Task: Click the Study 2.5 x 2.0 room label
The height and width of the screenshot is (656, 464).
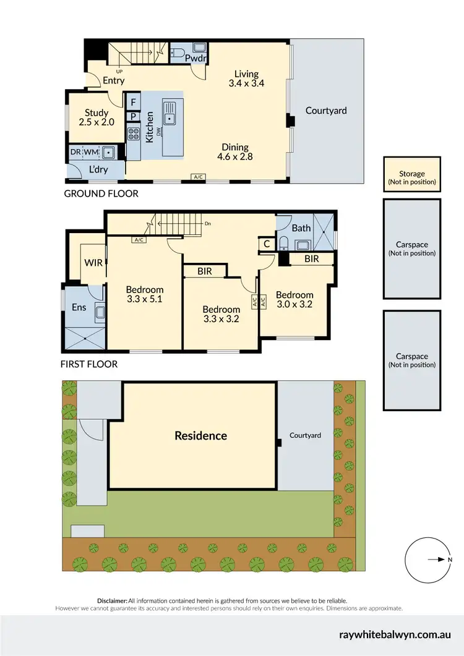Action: pyautogui.click(x=97, y=118)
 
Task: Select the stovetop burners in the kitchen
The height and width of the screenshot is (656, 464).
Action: pyautogui.click(x=133, y=134)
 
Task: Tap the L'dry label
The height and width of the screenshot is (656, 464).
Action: pyautogui.click(x=96, y=169)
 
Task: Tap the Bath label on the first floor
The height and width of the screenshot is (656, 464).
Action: pyautogui.click(x=301, y=228)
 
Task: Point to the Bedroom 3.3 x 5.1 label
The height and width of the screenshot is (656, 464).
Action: pyautogui.click(x=145, y=294)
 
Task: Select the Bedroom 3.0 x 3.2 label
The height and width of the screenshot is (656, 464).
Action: pyautogui.click(x=294, y=300)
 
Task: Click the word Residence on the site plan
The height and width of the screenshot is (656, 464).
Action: pyautogui.click(x=200, y=435)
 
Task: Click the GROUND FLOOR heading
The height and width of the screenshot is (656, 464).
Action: pyautogui.click(x=101, y=194)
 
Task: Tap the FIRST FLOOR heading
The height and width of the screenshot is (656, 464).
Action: pyautogui.click(x=88, y=364)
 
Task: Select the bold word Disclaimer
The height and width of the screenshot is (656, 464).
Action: pyautogui.click(x=112, y=600)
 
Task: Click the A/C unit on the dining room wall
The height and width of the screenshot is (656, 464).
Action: pyautogui.click(x=199, y=177)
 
